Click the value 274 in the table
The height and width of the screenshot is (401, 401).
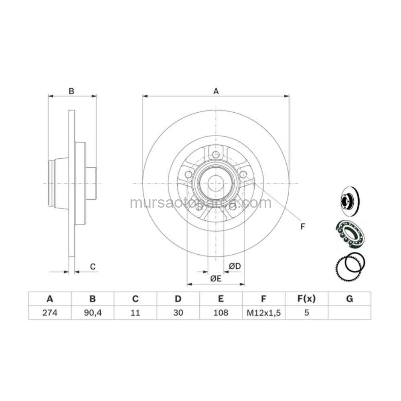(50, 312)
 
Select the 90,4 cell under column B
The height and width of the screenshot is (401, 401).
(93, 313)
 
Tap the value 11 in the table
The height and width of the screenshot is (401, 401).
(135, 312)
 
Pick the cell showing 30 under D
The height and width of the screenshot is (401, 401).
(178, 312)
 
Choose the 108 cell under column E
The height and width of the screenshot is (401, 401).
(221, 312)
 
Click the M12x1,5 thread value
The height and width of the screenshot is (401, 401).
(264, 313)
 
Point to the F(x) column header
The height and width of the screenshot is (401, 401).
(306, 299)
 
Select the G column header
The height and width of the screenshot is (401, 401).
(349, 299)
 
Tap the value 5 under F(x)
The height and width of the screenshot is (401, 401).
(307, 312)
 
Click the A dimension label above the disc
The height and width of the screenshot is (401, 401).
(216, 91)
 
